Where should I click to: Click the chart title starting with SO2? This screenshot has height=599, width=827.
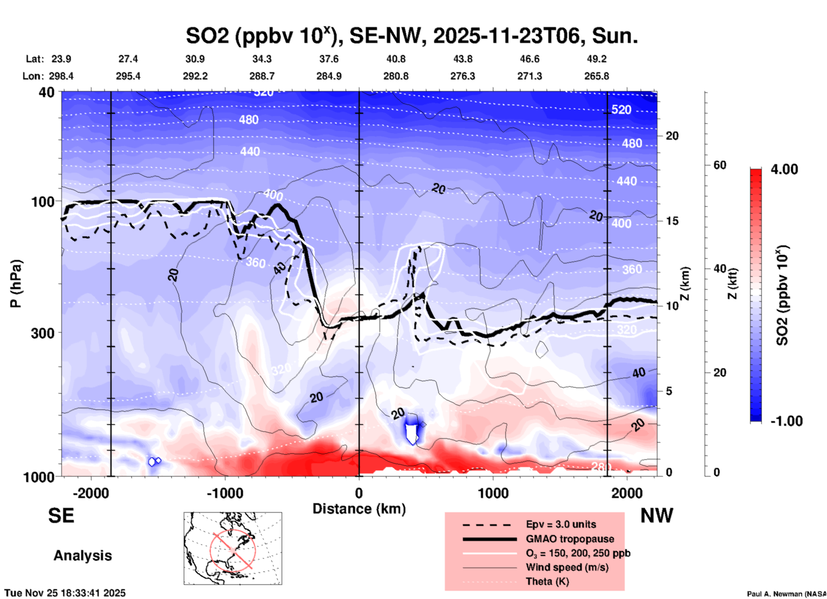(411, 36)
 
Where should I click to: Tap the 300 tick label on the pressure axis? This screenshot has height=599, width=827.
(43, 333)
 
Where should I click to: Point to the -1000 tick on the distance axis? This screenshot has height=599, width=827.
(225, 493)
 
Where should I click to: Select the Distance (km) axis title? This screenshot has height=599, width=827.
(359, 509)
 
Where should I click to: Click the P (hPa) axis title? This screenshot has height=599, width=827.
(16, 283)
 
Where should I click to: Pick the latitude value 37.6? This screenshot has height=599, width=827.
(328, 59)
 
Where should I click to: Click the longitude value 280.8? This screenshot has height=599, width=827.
(395, 76)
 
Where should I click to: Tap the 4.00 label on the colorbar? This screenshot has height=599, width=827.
(784, 169)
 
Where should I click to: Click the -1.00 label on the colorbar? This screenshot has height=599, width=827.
(786, 421)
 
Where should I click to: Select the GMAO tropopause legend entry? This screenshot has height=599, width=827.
(570, 539)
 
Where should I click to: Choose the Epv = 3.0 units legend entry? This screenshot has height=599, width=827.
(560, 524)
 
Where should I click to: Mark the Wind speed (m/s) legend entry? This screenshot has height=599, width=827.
(567, 567)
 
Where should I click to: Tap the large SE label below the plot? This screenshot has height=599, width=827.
(61, 516)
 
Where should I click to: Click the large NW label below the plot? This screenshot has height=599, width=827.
(657, 516)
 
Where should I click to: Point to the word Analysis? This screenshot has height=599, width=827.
(82, 556)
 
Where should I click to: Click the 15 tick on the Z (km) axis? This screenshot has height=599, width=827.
(672, 221)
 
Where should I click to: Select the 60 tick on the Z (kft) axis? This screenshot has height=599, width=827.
(720, 165)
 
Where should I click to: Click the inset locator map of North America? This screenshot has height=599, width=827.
(233, 548)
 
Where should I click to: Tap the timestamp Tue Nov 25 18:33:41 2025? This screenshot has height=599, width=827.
(65, 593)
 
